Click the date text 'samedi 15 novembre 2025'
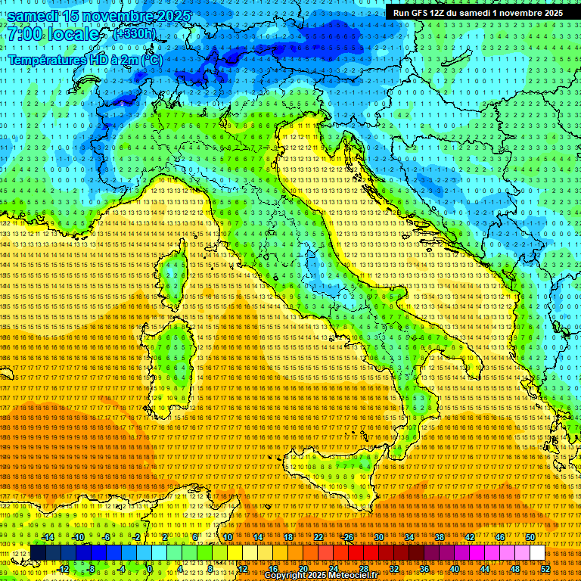[x=98, y=16]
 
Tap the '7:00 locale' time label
[x=53, y=34]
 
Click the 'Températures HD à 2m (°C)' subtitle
[x=85, y=59]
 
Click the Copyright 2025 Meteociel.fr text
[x=325, y=576]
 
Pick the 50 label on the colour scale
[x=530, y=537]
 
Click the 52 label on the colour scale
[x=545, y=568]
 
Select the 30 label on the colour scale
[x=378, y=537]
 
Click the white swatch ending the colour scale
[x=537, y=553]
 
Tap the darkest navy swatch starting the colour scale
[x=38, y=553]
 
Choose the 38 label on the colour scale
[x=439, y=537]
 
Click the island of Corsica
[x=172, y=276]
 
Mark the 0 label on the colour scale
[x=151, y=568]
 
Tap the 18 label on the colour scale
[x=287, y=537]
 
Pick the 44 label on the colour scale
[x=484, y=568]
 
